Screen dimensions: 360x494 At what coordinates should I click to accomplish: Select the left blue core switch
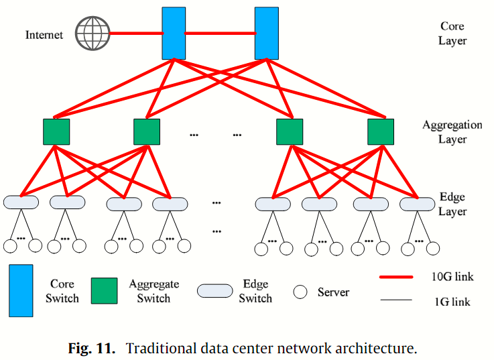point(174,33)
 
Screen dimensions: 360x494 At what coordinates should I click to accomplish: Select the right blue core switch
point(267,33)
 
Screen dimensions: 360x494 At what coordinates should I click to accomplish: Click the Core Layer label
point(452,34)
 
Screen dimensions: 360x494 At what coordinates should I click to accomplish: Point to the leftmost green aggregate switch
point(56,132)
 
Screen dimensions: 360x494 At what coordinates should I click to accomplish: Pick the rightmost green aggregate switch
point(381,132)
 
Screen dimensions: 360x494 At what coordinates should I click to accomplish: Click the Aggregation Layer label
point(452,132)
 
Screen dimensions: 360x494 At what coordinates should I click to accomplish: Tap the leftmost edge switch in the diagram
point(21,202)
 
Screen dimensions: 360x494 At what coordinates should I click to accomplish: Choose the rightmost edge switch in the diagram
point(418,203)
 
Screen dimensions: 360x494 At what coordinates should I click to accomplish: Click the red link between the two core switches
point(221,33)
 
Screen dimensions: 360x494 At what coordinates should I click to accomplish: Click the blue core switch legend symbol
point(21,290)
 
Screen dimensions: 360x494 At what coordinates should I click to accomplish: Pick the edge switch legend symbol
point(214,291)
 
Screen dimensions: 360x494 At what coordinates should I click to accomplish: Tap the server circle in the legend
point(300,292)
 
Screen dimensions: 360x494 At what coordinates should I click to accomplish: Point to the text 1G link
point(452,302)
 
